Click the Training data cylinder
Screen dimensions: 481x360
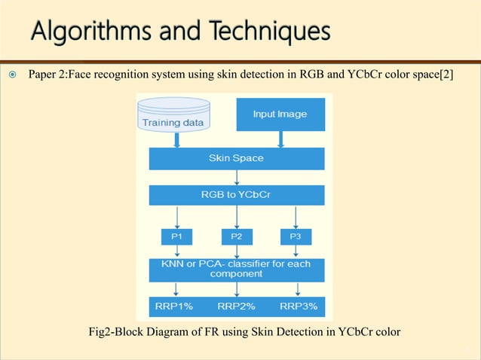(175, 114)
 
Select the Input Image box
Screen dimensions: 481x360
(280, 114)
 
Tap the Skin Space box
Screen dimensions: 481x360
(236, 158)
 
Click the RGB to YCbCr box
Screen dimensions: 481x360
(236, 194)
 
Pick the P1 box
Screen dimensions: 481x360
(176, 236)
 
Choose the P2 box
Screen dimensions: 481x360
(237, 236)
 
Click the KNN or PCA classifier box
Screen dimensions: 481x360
(236, 270)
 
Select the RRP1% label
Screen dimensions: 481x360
(175, 307)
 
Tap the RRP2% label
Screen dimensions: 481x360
(237, 307)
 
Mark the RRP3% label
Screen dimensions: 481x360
(299, 307)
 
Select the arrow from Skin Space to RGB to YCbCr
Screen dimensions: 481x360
(237, 177)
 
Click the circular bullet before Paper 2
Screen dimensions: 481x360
(11, 75)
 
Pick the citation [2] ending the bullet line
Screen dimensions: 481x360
(446, 75)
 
